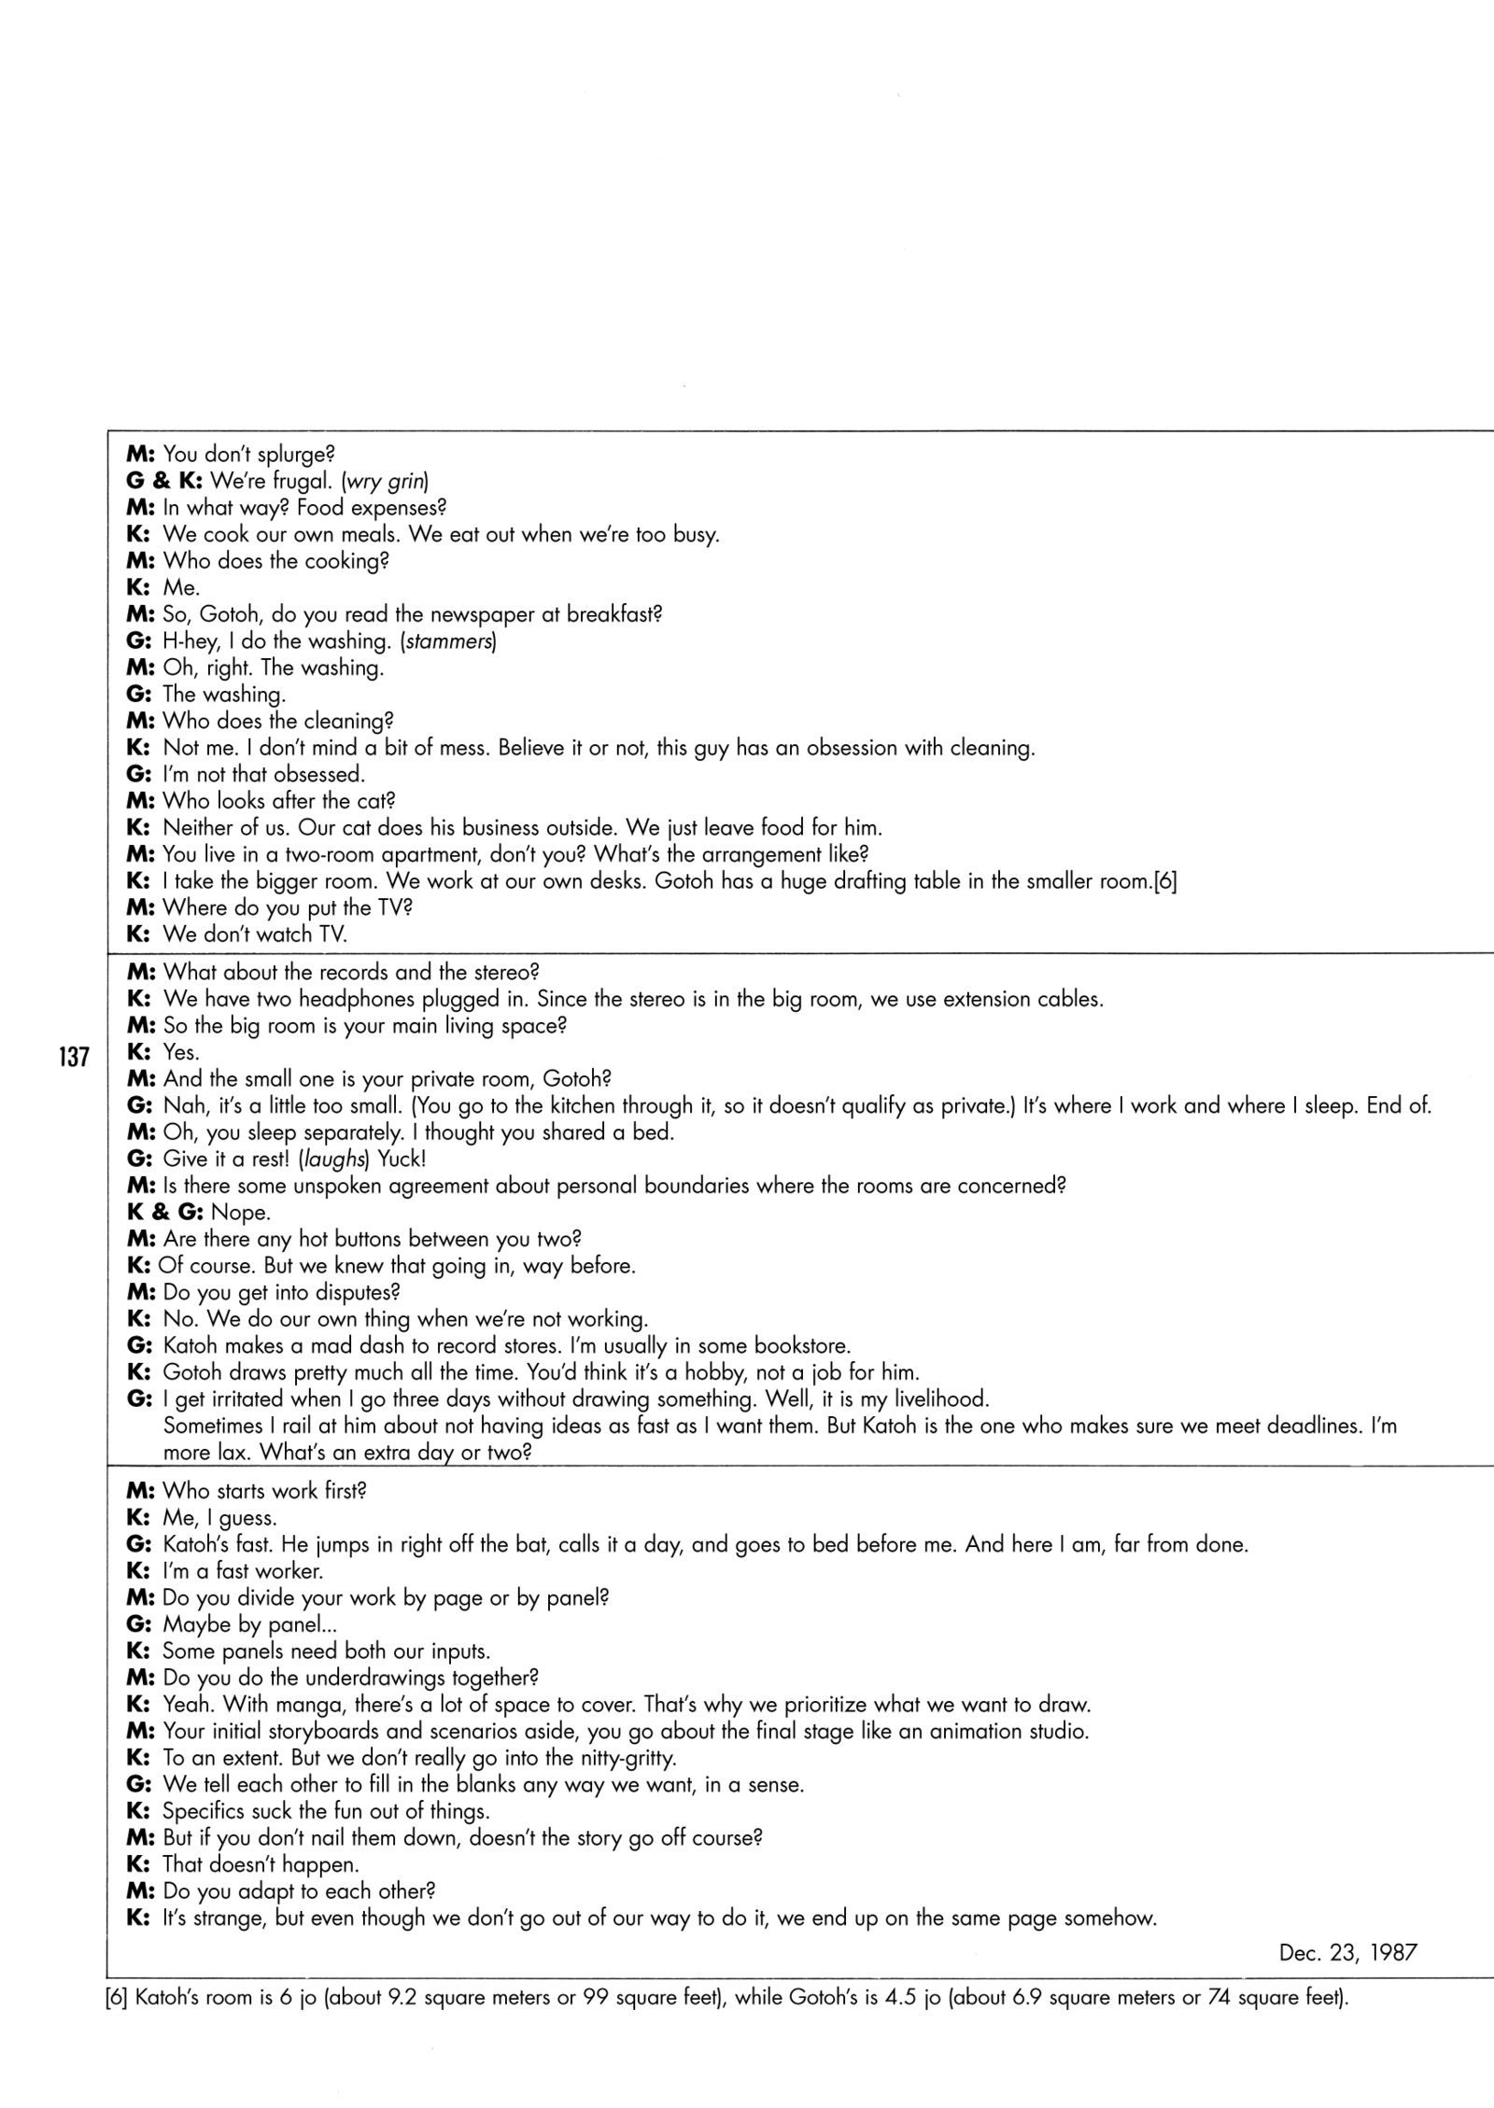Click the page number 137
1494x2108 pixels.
pos(72,1057)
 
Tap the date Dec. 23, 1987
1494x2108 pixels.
pos(1347,1952)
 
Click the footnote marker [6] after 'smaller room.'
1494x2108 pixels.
pos(1164,881)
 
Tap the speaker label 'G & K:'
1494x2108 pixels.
pos(164,482)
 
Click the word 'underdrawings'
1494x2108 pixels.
pos(378,1678)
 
